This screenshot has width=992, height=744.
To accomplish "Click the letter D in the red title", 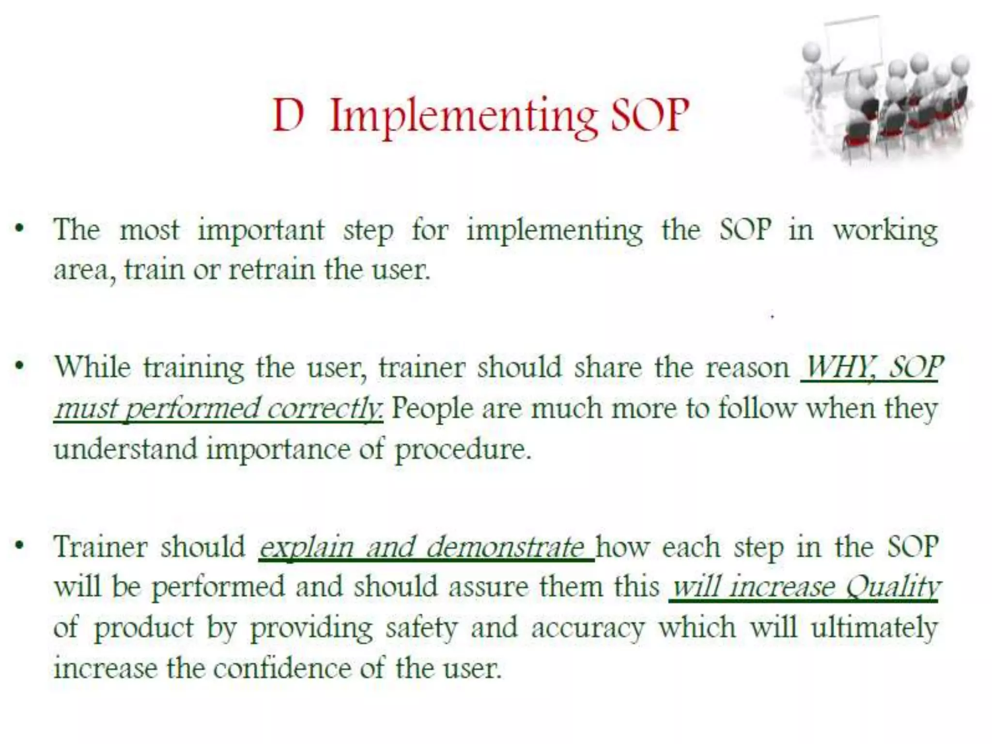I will coord(289,115).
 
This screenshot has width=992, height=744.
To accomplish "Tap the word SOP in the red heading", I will coord(650,115).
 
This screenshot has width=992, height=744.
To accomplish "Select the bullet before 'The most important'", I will coord(19,229).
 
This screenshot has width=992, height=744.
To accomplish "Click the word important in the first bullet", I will coord(261,230).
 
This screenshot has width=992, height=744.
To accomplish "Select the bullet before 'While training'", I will coord(19,366).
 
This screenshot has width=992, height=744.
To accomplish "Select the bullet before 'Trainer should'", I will coord(19,546).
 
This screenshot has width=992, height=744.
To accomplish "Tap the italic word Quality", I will coord(892,588).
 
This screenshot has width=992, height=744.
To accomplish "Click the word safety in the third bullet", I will coord(421,628).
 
